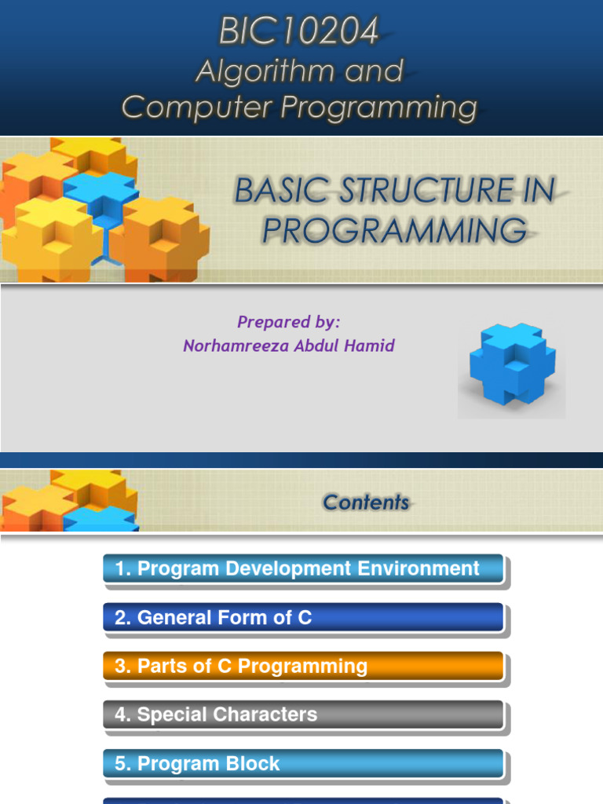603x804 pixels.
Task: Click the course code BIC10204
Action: (298, 32)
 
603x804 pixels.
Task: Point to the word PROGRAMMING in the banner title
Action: (394, 230)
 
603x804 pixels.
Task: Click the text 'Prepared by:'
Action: (288, 322)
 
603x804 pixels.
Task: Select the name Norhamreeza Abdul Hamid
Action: (288, 345)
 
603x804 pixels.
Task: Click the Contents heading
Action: (366, 502)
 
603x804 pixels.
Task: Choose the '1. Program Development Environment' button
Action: (303, 569)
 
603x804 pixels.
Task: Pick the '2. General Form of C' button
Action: (303, 618)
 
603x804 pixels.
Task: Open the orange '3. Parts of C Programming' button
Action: (303, 667)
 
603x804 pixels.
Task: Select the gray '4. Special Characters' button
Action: (303, 715)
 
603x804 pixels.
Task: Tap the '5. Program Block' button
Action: (303, 764)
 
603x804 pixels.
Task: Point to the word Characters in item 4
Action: (269, 715)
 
